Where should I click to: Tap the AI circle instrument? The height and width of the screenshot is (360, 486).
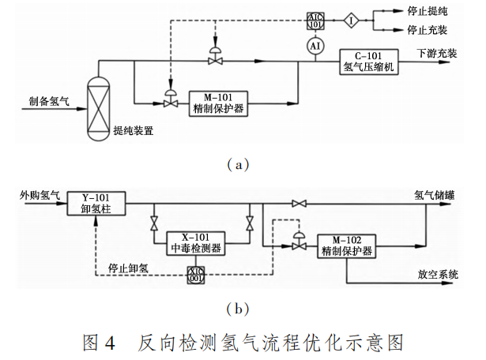315,47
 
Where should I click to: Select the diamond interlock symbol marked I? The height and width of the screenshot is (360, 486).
351,21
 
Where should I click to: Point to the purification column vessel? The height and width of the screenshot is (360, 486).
99,105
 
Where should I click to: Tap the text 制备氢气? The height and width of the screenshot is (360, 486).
50,100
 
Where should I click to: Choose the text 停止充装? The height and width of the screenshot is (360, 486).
427,30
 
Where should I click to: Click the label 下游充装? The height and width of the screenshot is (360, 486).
437,52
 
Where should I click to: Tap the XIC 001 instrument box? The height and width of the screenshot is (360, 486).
195,275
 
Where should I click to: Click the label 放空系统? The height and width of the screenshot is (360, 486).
438,275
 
